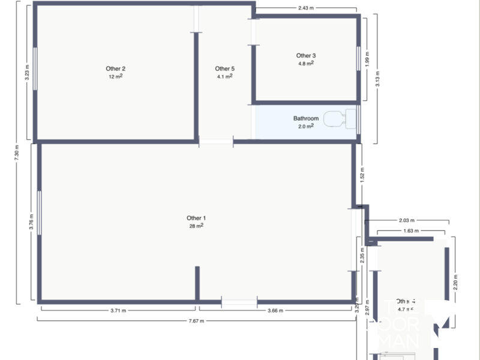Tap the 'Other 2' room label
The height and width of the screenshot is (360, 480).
(x=115, y=68)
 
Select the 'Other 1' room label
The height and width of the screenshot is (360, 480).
(x=196, y=218)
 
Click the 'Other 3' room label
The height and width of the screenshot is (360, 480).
(x=306, y=55)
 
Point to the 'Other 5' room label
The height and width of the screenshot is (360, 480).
(x=224, y=68)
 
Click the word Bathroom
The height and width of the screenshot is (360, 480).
(x=306, y=119)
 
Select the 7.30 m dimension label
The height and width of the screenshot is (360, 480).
(x=17, y=155)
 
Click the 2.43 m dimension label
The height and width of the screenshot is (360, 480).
(x=306, y=8)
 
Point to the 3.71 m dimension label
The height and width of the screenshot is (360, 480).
(x=118, y=310)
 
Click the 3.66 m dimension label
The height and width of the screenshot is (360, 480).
(x=275, y=310)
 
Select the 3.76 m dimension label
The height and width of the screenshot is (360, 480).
(x=31, y=223)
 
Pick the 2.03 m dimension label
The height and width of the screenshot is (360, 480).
(x=407, y=221)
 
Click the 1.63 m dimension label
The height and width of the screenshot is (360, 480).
(x=411, y=230)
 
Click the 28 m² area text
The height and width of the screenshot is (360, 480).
(x=196, y=226)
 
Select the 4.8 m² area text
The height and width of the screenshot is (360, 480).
(x=306, y=63)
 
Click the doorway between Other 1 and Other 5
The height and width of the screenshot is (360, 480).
(x=216, y=142)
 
